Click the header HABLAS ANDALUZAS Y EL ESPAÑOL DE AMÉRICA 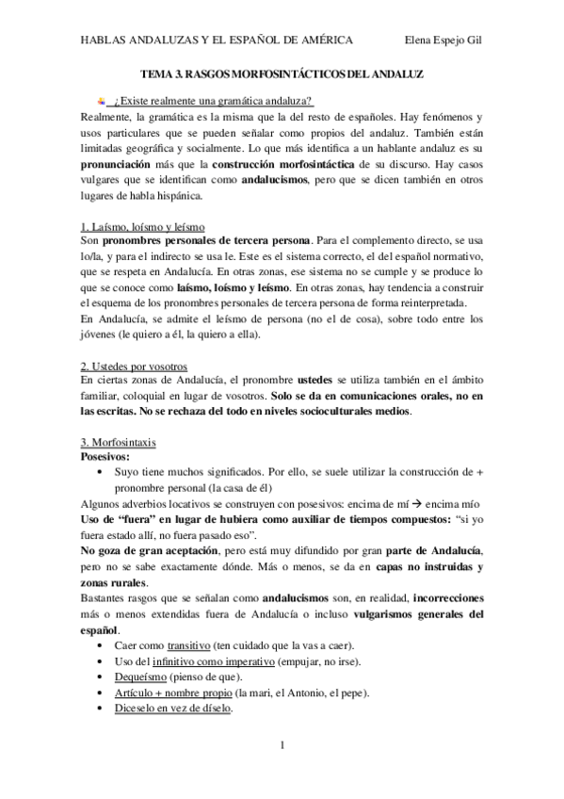click(x=218, y=41)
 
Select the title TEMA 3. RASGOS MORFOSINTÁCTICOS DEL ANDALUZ click(x=282, y=73)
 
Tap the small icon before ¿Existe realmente click(x=101, y=100)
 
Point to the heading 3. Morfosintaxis click(x=119, y=441)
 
